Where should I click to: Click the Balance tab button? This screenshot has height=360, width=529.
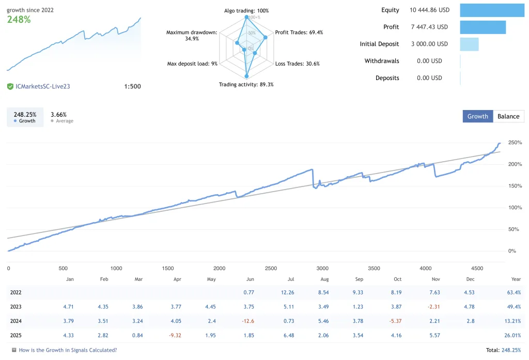508,116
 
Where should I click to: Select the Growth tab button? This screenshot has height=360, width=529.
477,116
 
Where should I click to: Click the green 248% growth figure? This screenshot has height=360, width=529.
19,20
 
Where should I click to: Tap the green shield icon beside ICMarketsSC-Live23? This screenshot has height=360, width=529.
10,86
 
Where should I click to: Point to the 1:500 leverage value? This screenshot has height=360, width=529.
132,86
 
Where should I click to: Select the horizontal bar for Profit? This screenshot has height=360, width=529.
483,27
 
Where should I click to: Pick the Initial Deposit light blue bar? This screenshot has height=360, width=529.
469,44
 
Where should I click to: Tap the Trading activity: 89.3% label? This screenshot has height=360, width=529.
246,84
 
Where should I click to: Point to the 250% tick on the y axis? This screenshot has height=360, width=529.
515,143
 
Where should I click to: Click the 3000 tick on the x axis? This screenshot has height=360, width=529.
322,268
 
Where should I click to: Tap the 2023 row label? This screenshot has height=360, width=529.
16,307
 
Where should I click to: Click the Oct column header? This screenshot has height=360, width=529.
397,279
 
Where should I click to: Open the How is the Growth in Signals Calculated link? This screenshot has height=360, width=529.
68,350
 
